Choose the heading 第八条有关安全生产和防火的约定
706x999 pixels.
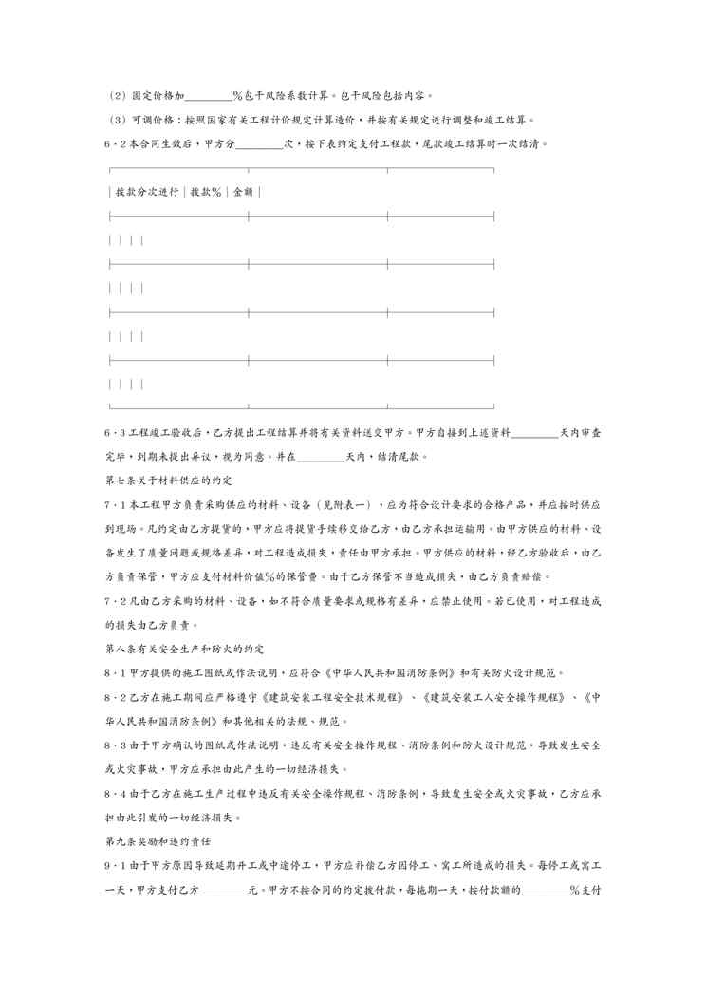pyautogui.click(x=182, y=649)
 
